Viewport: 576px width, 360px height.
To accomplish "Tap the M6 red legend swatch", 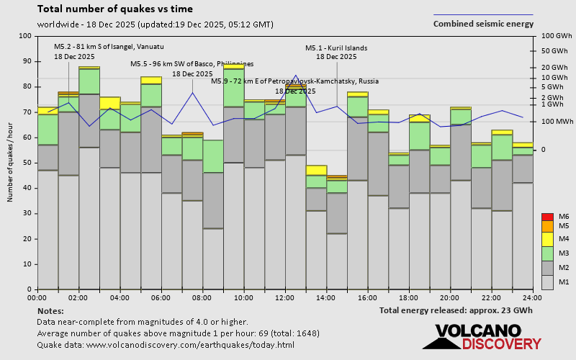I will [x=546, y=217].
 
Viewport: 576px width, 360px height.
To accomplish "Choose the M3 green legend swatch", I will [x=546, y=254].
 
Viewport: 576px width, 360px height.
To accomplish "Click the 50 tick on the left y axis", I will [x=27, y=163].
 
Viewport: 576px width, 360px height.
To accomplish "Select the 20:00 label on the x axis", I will [x=451, y=297].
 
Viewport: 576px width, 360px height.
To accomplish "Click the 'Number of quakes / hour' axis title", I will [x=10, y=163].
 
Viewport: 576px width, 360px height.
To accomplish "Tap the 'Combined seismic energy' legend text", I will [x=483, y=23].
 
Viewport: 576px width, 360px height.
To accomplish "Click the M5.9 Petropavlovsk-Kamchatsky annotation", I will [x=294, y=81].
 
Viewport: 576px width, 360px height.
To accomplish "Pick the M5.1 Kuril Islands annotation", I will [x=336, y=48].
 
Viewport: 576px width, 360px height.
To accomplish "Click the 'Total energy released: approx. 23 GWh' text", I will [x=456, y=310].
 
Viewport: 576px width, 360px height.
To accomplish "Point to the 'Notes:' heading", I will [x=50, y=310].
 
